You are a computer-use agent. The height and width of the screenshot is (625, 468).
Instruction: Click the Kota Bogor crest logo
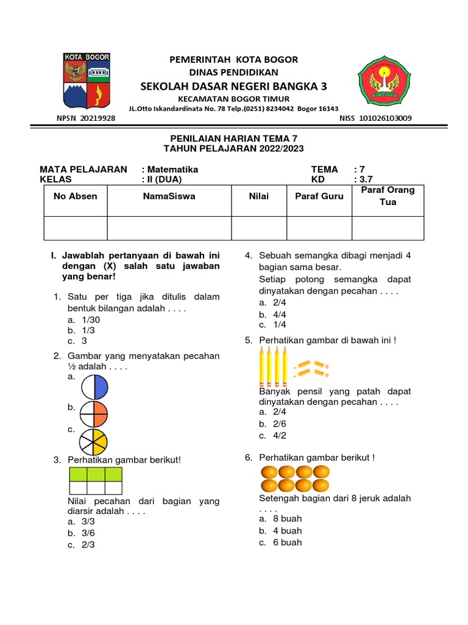87,80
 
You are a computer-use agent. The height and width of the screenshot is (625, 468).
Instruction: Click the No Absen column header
76,197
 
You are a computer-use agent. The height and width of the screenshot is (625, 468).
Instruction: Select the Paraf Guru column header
319,197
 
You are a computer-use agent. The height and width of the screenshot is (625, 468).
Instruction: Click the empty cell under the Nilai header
258,228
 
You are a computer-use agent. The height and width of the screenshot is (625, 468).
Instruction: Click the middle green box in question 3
96,474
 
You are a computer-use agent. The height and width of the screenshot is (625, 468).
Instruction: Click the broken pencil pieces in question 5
311,367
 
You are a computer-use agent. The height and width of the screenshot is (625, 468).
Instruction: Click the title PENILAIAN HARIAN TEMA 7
234,139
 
